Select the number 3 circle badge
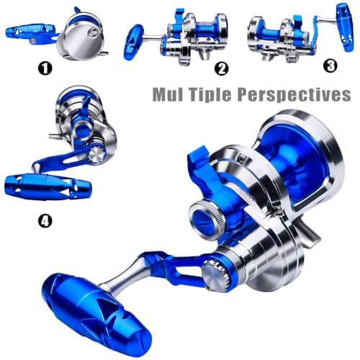330,66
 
